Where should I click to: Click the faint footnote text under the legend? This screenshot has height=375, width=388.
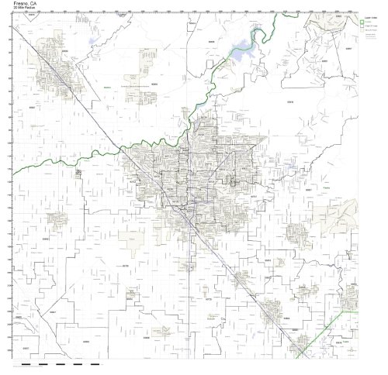(x=370, y=36)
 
